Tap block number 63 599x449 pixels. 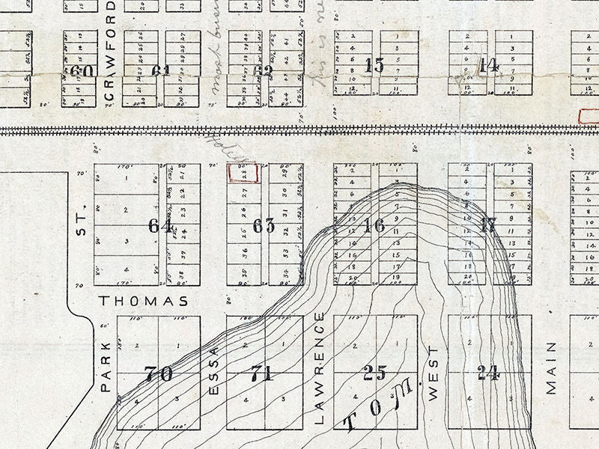[264, 225]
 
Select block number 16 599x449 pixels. [374, 225]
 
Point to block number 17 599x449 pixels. [488, 225]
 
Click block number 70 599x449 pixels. [159, 373]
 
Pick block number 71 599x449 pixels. [261, 373]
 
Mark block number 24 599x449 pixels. [488, 372]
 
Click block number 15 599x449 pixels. [374, 65]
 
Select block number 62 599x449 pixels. [263, 72]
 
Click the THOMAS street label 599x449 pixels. [143, 301]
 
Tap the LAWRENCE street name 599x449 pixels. [320, 368]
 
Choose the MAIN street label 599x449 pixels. [552, 367]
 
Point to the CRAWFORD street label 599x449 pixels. [111, 52]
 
